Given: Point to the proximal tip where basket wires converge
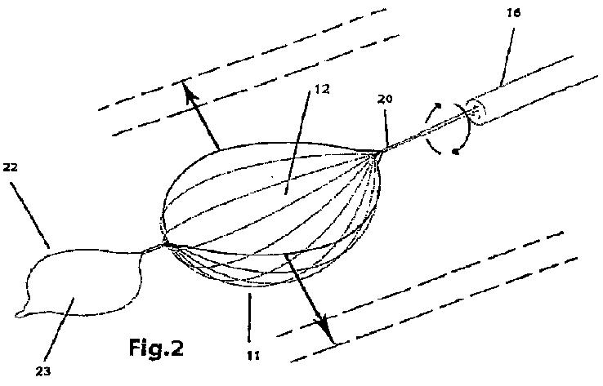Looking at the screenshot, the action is coord(378,151).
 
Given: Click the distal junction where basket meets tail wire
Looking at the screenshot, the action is coord(166,242).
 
